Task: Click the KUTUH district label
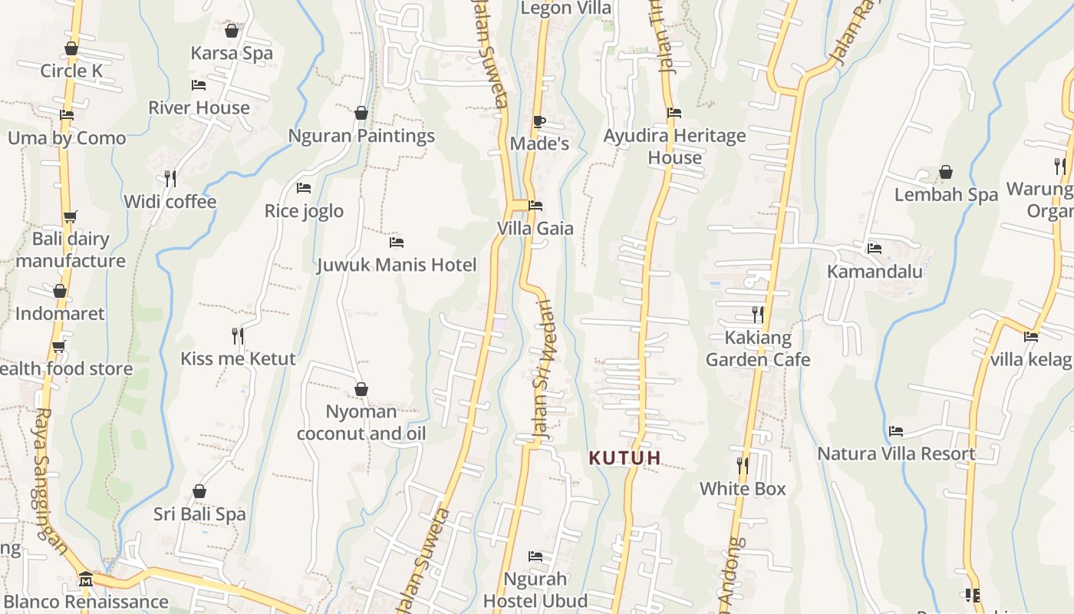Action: pos(624,458)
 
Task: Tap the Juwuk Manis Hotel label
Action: pos(397,265)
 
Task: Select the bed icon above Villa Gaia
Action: pos(535,206)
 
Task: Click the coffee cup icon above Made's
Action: pos(539,121)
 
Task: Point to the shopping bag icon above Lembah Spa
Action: pos(946,172)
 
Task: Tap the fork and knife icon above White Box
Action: pos(743,465)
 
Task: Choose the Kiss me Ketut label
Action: pos(238,358)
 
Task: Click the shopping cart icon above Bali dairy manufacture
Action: pos(70,217)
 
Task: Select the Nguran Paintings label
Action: pos(361,136)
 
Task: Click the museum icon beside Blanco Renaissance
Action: pos(86,578)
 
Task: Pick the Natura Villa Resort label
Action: pos(896,454)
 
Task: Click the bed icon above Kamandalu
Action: pos(874,249)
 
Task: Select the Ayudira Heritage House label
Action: pos(674,147)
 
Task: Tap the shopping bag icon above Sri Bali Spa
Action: pos(199,491)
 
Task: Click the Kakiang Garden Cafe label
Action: pos(758,348)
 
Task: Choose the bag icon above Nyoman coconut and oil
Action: pos(361,389)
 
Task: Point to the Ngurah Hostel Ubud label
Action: pos(535,589)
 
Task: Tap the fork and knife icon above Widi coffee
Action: pos(171,178)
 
